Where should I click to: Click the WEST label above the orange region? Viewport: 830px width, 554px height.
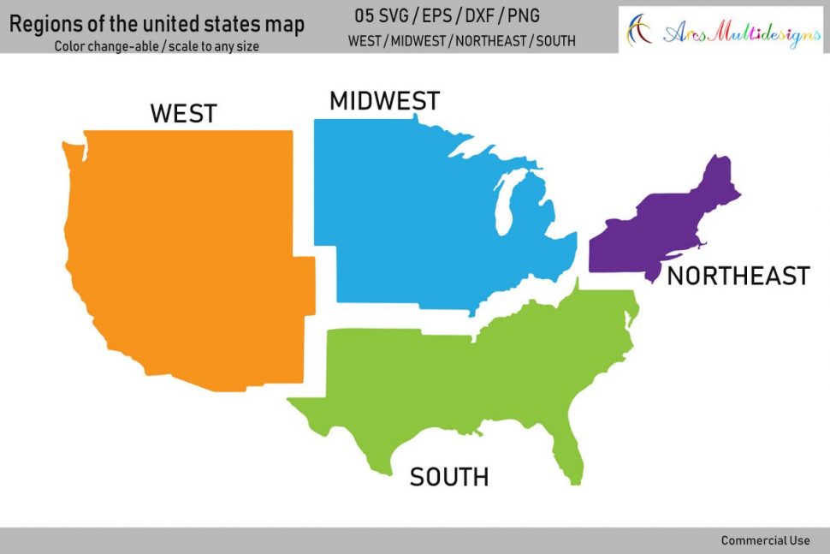tap(183, 113)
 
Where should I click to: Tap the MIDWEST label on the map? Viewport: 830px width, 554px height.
tap(384, 101)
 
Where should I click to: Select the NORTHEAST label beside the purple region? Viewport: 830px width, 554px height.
tap(738, 276)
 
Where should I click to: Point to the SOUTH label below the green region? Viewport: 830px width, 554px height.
tap(449, 477)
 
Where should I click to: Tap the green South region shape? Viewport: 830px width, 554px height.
tap(479, 377)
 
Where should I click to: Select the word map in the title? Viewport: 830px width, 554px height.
tap(285, 25)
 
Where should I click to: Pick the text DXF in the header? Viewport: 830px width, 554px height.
tap(480, 16)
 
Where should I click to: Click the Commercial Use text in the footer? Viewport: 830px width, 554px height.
tap(765, 540)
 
